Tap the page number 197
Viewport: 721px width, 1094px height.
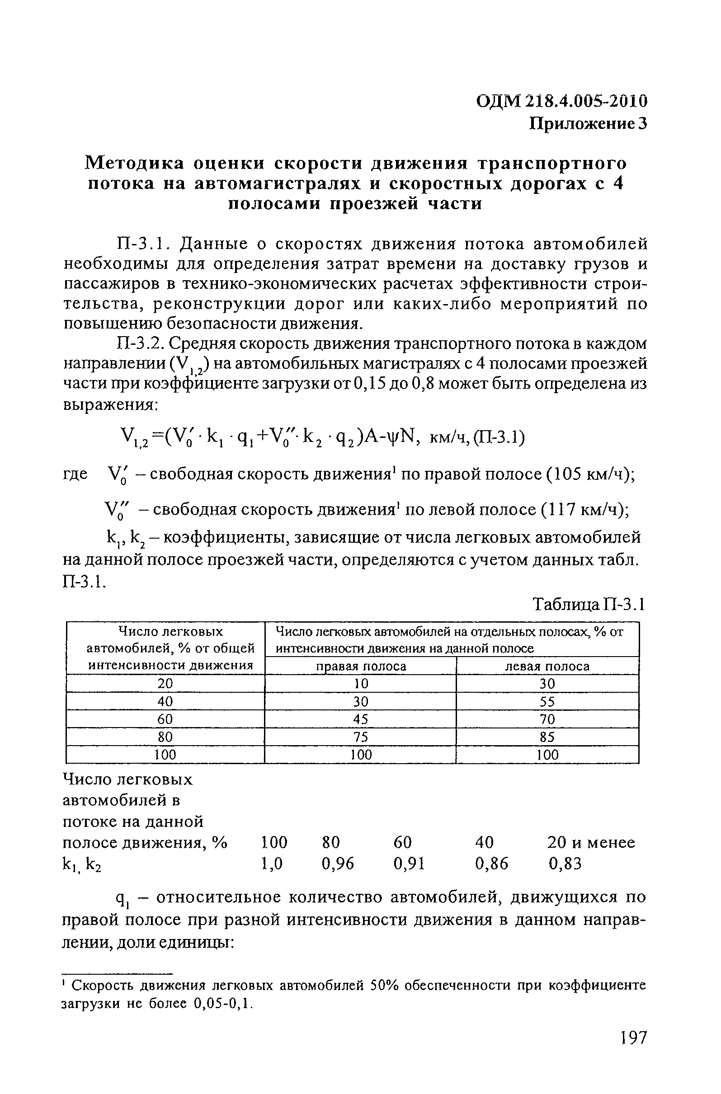pyautogui.click(x=633, y=1051)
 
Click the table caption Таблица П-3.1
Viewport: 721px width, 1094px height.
pyautogui.click(x=589, y=605)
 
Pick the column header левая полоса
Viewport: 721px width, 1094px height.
pyautogui.click(x=547, y=666)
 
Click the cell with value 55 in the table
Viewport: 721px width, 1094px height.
pyautogui.click(x=547, y=701)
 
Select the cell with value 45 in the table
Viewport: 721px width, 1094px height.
pyautogui.click(x=362, y=719)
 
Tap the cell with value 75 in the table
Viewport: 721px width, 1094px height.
pyautogui.click(x=362, y=737)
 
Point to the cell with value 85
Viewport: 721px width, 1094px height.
pyautogui.click(x=547, y=737)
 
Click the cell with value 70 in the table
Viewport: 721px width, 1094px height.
pyautogui.click(x=547, y=719)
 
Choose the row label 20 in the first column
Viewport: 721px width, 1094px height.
pyautogui.click(x=165, y=684)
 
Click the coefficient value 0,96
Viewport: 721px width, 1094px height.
pyautogui.click(x=338, y=864)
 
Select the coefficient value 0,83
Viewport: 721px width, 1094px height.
pyautogui.click(x=565, y=864)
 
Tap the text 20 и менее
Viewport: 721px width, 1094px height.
pyautogui.click(x=591, y=843)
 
